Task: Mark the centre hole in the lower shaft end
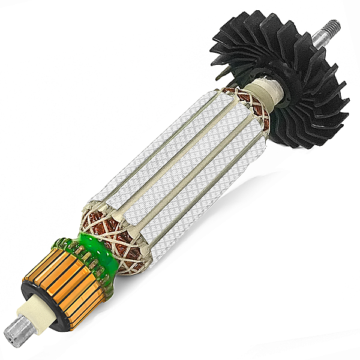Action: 11,333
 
